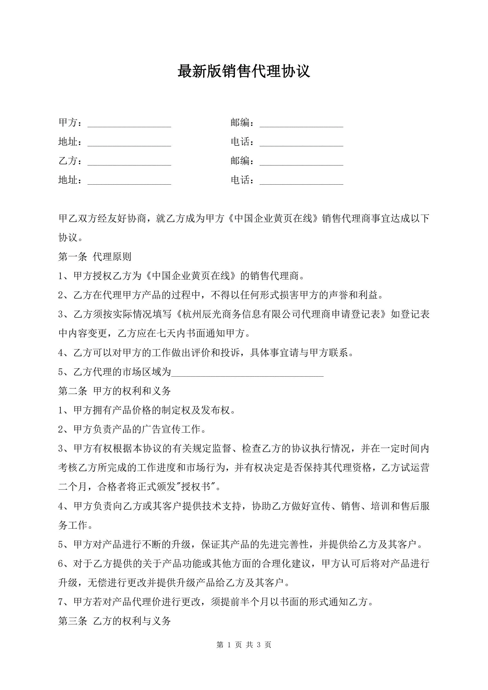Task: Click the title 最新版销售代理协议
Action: coord(244,71)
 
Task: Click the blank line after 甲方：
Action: coord(129,123)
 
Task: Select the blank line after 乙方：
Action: coord(129,161)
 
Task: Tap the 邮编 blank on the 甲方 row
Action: coord(301,123)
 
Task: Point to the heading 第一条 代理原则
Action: coord(95,257)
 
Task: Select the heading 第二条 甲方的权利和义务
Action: coord(115,391)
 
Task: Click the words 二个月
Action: coord(73,487)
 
